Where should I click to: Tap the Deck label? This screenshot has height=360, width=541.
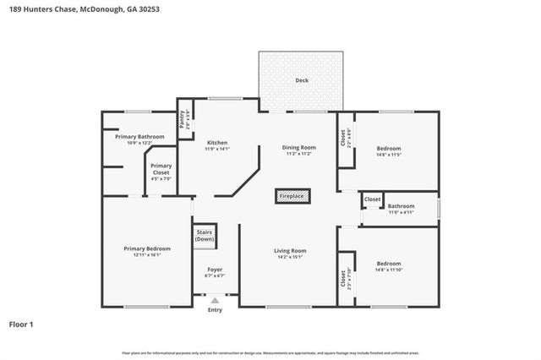[302, 81]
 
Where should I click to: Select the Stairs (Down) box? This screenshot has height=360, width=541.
[205, 236]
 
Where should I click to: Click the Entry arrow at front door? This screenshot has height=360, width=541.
[215, 300]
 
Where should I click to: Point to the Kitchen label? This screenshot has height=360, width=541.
[217, 143]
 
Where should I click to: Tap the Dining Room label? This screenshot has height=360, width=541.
[298, 148]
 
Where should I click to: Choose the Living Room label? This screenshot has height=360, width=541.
[290, 250]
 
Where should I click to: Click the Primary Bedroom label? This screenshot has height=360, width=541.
[147, 248]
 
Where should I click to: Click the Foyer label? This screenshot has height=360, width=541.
[216, 270]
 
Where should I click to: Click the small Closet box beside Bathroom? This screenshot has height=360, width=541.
[372, 199]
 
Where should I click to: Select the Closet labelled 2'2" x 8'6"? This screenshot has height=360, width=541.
[345, 137]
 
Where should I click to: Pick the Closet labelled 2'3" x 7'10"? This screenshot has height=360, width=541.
[345, 278]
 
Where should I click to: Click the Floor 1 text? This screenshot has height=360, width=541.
[21, 324]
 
